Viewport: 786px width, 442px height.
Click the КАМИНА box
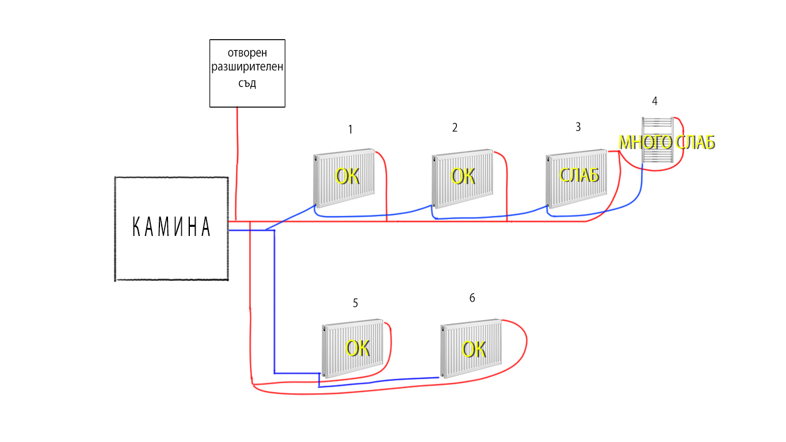coord(171,228)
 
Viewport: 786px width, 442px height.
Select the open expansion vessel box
coord(247,73)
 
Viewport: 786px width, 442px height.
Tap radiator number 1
coord(344,178)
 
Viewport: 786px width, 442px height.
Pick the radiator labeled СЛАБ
coord(577,179)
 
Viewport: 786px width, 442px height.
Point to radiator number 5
coord(352,349)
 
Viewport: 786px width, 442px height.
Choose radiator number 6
coord(471,349)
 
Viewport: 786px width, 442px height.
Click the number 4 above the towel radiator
coord(654,101)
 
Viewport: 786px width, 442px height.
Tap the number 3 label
coord(578,127)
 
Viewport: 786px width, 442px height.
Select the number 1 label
coord(350,129)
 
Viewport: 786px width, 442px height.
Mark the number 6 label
coord(472,298)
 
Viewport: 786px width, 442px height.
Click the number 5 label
coord(355,303)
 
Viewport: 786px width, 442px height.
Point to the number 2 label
coord(455,128)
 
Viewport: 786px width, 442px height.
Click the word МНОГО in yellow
coord(645,142)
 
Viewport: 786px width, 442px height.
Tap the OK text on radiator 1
coord(348,176)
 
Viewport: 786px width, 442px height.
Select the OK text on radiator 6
coord(474,349)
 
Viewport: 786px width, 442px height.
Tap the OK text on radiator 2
coord(463,176)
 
